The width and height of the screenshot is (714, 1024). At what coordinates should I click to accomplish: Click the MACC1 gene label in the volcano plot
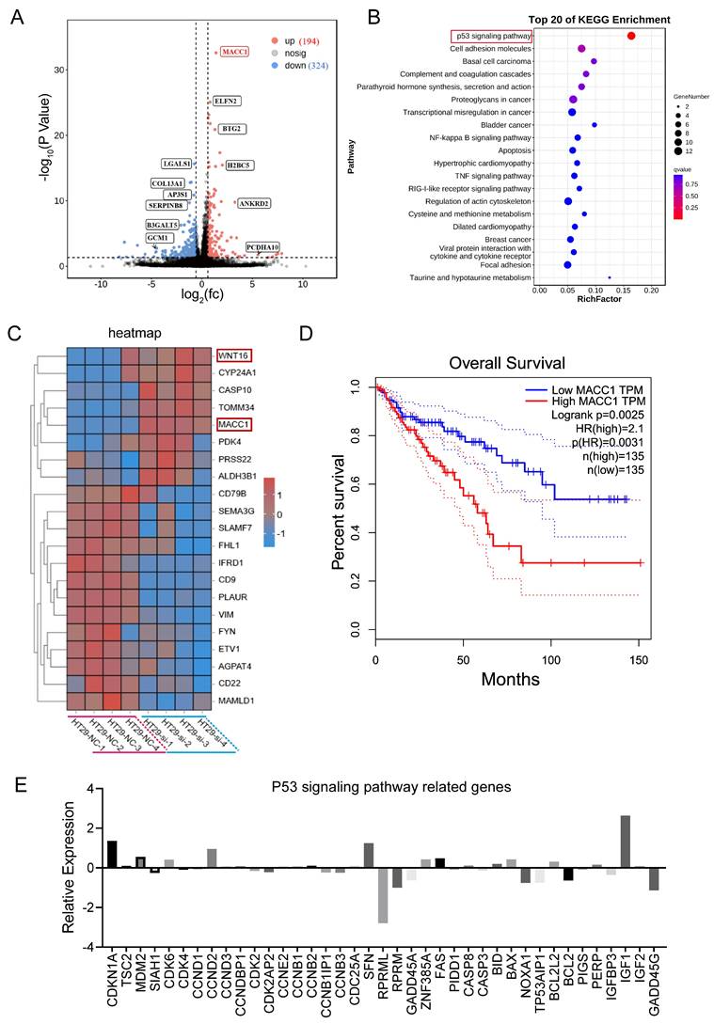pyautogui.click(x=236, y=53)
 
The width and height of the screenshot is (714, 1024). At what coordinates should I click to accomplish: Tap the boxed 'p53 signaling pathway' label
pyautogui.click(x=490, y=36)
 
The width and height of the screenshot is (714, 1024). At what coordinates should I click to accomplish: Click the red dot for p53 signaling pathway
pyautogui.click(x=630, y=36)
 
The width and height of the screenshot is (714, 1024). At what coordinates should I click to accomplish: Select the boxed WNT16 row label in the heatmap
pyautogui.click(x=234, y=354)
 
